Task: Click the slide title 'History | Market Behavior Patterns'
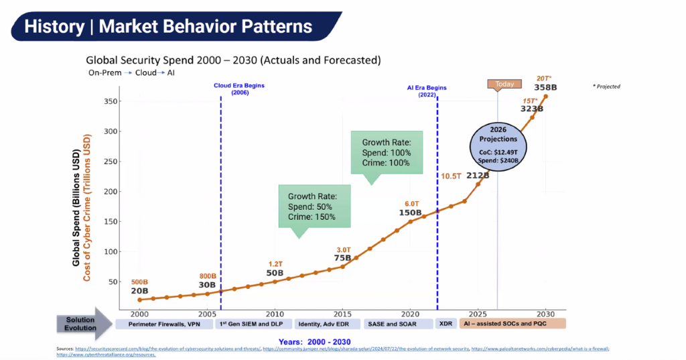(168, 27)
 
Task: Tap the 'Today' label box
(504, 84)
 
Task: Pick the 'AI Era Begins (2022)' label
(427, 91)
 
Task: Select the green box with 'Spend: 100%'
(387, 153)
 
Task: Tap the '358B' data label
(546, 87)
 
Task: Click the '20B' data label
(140, 291)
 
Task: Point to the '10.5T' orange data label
(451, 176)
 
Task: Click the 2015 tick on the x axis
(342, 314)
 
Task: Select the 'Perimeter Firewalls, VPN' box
(165, 324)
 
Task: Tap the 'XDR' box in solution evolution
(444, 324)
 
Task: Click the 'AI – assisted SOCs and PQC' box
(512, 324)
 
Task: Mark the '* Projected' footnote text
(606, 86)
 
